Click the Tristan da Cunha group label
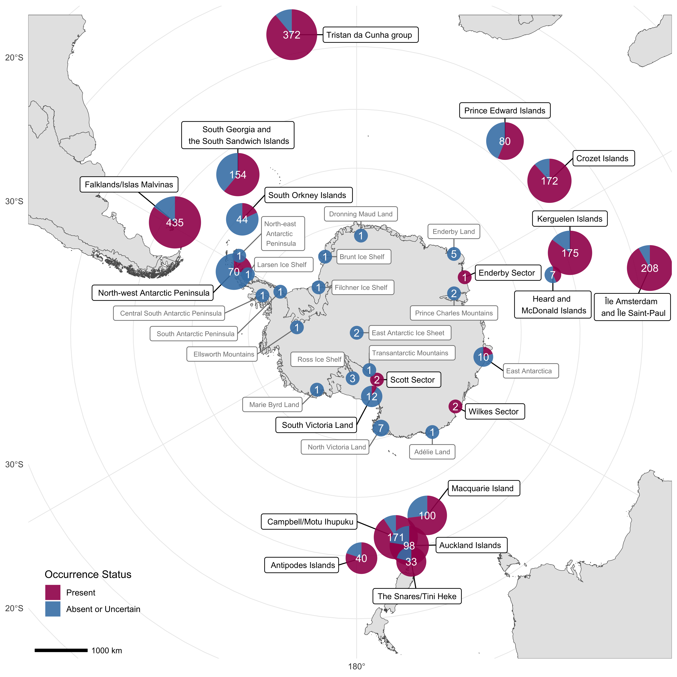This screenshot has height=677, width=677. pyautogui.click(x=370, y=35)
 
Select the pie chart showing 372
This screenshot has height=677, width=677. pyautogui.click(x=292, y=35)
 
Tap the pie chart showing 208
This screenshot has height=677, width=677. pyautogui.click(x=649, y=268)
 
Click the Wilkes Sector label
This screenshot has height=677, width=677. pyautogui.click(x=494, y=411)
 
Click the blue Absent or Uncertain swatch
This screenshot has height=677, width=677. pyautogui.click(x=53, y=609)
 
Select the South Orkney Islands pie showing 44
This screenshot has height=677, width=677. pyautogui.click(x=242, y=219)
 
